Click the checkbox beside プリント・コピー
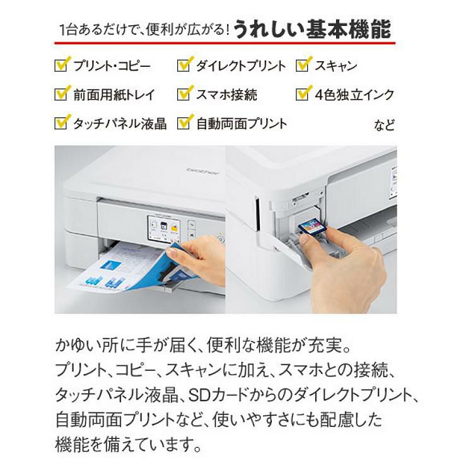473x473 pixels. click(62, 66)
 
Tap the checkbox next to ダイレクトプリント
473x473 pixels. click(184, 66)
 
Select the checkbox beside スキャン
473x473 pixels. click(304, 66)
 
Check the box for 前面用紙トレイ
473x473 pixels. click(62, 95)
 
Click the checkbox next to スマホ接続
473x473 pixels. click(184, 95)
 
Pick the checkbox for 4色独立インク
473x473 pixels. click(304, 95)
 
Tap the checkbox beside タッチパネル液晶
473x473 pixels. click(62, 122)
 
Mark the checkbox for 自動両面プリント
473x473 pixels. click(184, 122)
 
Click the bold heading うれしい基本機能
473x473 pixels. click(312, 29)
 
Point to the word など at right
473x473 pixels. click(385, 124)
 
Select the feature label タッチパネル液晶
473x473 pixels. click(120, 123)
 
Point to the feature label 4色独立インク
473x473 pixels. click(354, 95)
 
